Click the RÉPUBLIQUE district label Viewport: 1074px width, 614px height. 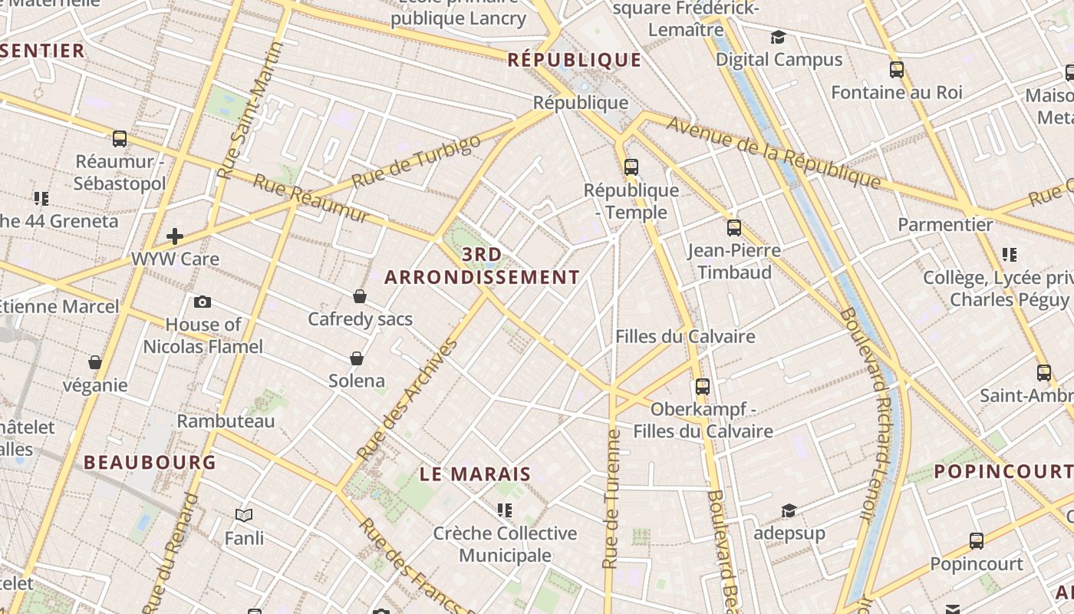tap(575, 60)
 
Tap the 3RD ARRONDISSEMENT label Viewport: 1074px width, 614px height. tap(482, 266)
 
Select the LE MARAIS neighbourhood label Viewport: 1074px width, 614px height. tap(476, 474)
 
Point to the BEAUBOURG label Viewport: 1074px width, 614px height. tap(150, 462)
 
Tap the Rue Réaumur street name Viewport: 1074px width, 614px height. tap(311, 199)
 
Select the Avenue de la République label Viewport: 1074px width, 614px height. tap(773, 151)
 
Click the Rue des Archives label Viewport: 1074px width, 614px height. tap(407, 400)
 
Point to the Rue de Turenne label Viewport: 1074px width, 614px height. tap(611, 499)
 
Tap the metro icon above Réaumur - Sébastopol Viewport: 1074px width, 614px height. tap(120, 139)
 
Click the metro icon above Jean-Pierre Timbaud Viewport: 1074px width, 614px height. tap(734, 228)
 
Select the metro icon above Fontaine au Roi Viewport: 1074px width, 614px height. tap(897, 70)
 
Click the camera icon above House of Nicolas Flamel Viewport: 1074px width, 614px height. tap(203, 302)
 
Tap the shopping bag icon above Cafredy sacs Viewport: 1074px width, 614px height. tap(360, 296)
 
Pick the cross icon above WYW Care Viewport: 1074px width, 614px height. tap(175, 236)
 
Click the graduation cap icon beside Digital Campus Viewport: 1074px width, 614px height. tap(779, 38)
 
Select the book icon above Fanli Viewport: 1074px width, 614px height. tap(244, 515)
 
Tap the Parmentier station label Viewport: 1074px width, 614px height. tap(945, 225)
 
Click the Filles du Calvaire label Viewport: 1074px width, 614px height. tap(685, 336)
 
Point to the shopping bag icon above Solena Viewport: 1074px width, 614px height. tap(357, 358)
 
